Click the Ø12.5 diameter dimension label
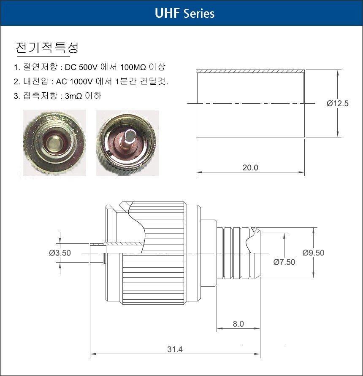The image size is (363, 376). pos(337,103)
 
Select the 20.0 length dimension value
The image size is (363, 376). pos(250,167)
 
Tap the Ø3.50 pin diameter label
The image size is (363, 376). pos(60,253)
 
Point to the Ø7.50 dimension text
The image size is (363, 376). pos(284,262)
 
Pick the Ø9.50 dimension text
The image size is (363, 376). pos(313,252)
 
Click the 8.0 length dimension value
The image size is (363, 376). pos(238,324)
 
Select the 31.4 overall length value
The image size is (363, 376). pos(175,349)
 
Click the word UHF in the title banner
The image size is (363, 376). pos(167,13)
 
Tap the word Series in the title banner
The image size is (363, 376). pos(199,13)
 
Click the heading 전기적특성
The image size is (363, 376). pos(47,48)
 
